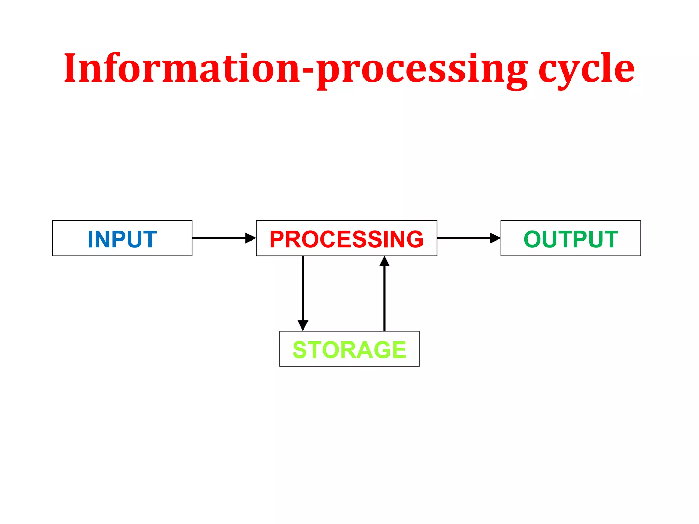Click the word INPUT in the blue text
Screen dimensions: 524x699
click(122, 239)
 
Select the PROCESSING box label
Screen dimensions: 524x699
click(346, 239)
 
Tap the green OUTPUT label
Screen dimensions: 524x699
click(571, 239)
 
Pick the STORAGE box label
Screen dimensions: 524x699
click(349, 350)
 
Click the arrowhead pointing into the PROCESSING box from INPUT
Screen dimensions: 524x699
click(251, 238)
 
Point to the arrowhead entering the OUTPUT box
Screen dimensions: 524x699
click(495, 238)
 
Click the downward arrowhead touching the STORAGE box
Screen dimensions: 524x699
click(303, 325)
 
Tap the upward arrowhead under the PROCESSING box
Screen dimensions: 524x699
click(384, 262)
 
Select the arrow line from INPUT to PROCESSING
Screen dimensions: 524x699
click(218, 238)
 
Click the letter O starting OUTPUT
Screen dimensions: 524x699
click(533, 239)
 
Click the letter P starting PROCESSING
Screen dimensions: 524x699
click(277, 239)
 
